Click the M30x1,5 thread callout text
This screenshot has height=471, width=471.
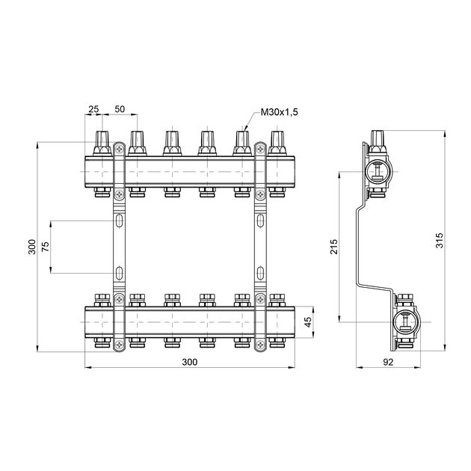(x=280, y=112)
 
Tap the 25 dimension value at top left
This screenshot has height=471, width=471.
(x=93, y=109)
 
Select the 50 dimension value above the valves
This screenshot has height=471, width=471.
(x=120, y=109)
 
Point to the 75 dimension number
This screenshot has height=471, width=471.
(x=45, y=247)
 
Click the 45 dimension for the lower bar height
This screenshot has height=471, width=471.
(x=308, y=322)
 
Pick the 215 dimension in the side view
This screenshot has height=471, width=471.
(x=334, y=247)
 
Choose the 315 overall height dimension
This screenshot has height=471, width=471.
(x=439, y=240)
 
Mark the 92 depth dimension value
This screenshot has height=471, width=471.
(x=388, y=363)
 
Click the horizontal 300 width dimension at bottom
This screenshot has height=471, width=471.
(x=190, y=362)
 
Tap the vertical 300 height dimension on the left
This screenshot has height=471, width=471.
(x=32, y=247)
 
